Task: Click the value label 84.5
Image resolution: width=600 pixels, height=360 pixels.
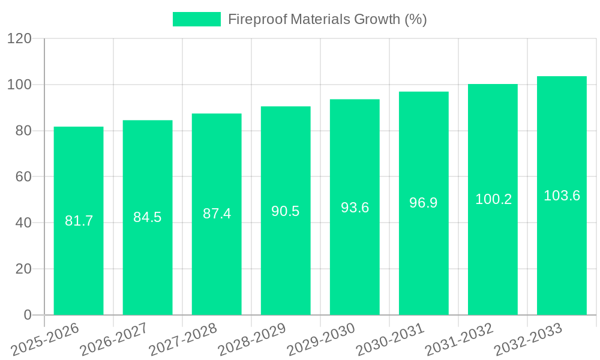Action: (x=148, y=217)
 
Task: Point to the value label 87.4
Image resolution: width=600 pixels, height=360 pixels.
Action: (x=217, y=214)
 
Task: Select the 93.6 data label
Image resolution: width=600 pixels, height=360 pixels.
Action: (x=355, y=208)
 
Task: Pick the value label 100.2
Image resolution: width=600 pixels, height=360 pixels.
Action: (x=493, y=199)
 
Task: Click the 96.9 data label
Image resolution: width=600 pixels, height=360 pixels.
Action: (x=424, y=203)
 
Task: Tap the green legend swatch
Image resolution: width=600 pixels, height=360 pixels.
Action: (x=196, y=19)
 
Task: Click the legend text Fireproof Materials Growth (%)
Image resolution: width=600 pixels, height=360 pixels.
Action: (x=328, y=19)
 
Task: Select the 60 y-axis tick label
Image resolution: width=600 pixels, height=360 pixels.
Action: (x=23, y=177)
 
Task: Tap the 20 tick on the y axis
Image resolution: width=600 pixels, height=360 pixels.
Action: (x=23, y=269)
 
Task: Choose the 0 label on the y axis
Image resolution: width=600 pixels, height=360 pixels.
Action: (x=27, y=315)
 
